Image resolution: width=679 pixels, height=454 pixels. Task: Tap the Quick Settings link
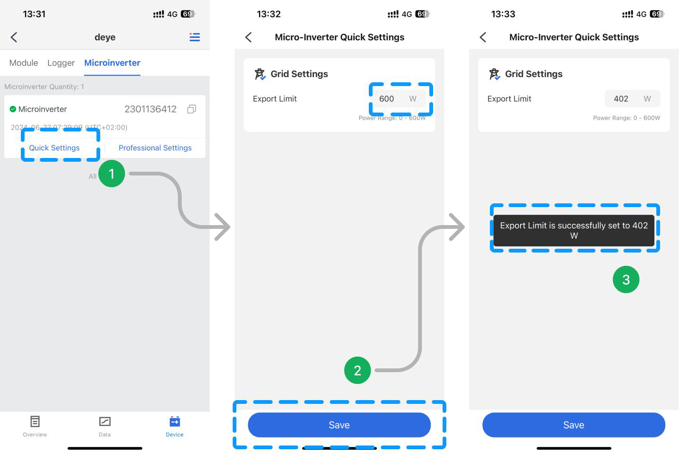coord(54,148)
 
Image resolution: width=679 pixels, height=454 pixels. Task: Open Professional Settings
coord(155,148)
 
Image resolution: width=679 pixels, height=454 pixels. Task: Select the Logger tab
coord(61,63)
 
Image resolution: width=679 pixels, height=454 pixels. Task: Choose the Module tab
coord(24,63)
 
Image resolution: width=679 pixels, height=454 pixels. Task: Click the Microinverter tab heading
coord(112,63)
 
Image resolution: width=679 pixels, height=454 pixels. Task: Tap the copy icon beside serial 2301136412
coord(192,109)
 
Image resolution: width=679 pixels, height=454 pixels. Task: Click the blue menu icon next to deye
coord(194,37)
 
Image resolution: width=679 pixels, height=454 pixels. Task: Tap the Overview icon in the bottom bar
coord(35,421)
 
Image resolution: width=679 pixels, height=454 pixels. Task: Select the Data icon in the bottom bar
coord(104,421)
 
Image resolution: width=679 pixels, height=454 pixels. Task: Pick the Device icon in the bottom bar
coord(174,421)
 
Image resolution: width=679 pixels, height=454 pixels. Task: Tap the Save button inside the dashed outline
coord(339,425)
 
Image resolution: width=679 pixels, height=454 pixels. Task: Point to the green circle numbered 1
coord(112,174)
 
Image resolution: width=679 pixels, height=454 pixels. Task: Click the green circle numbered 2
coord(357,370)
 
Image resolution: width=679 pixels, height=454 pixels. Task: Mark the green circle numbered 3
coord(626,279)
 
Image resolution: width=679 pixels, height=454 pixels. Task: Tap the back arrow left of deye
coord(14,37)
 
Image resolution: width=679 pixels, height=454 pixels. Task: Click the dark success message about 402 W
coord(574,231)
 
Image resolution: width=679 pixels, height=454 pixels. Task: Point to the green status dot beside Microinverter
coord(13,109)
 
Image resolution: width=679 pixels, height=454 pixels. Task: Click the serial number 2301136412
coord(150,109)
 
